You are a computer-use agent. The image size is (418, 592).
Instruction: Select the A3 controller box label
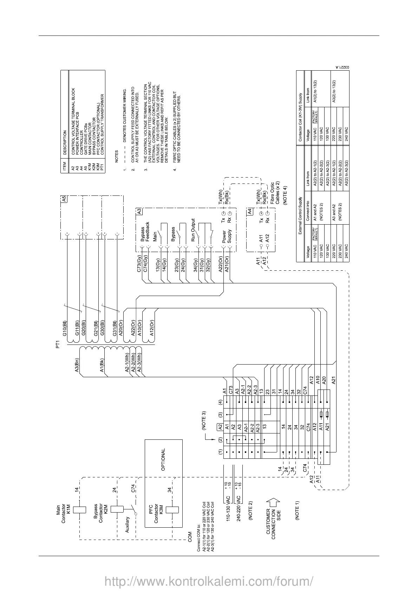(139, 212)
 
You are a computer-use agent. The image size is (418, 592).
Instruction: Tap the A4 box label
(249, 212)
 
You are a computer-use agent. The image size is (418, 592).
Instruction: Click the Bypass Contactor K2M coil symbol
(115, 509)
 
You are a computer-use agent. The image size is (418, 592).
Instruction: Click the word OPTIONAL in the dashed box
(163, 459)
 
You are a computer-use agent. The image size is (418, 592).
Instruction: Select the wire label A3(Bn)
(77, 366)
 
